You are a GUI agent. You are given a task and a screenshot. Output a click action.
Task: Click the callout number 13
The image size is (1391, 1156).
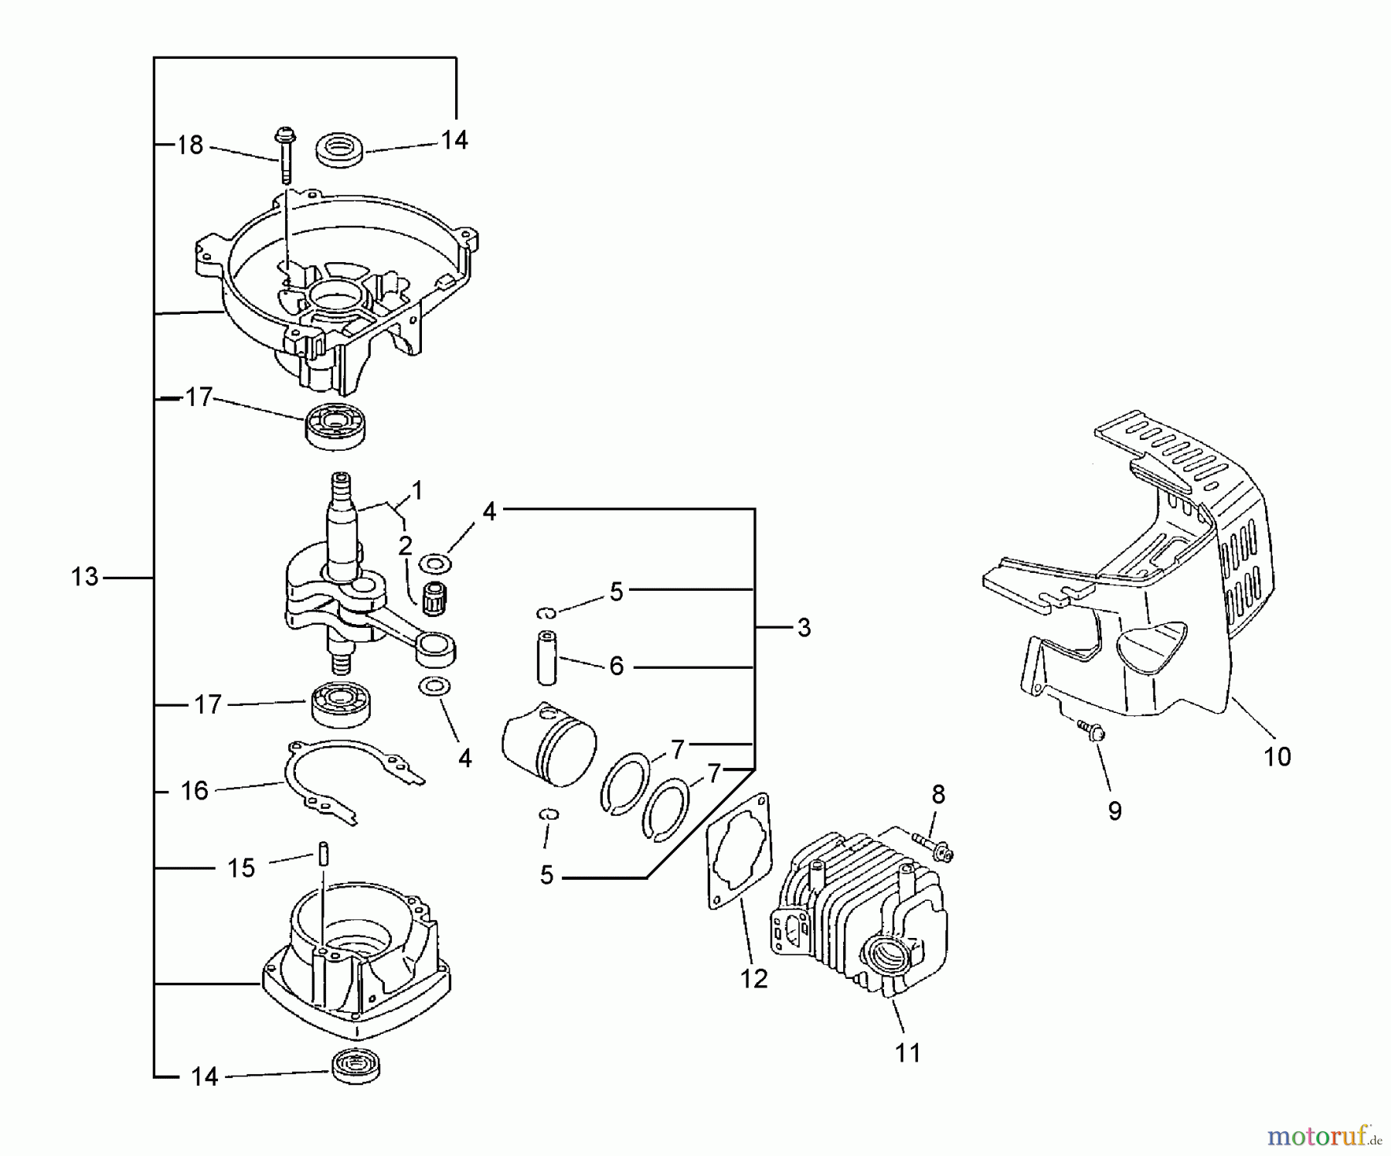click(85, 577)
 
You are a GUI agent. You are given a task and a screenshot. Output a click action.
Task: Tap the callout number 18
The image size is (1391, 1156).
click(190, 145)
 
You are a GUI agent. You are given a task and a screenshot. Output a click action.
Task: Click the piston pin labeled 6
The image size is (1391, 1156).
click(548, 657)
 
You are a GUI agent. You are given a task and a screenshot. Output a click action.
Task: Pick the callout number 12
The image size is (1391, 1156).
click(753, 978)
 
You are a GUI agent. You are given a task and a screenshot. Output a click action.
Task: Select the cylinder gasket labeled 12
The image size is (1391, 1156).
click(740, 851)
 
